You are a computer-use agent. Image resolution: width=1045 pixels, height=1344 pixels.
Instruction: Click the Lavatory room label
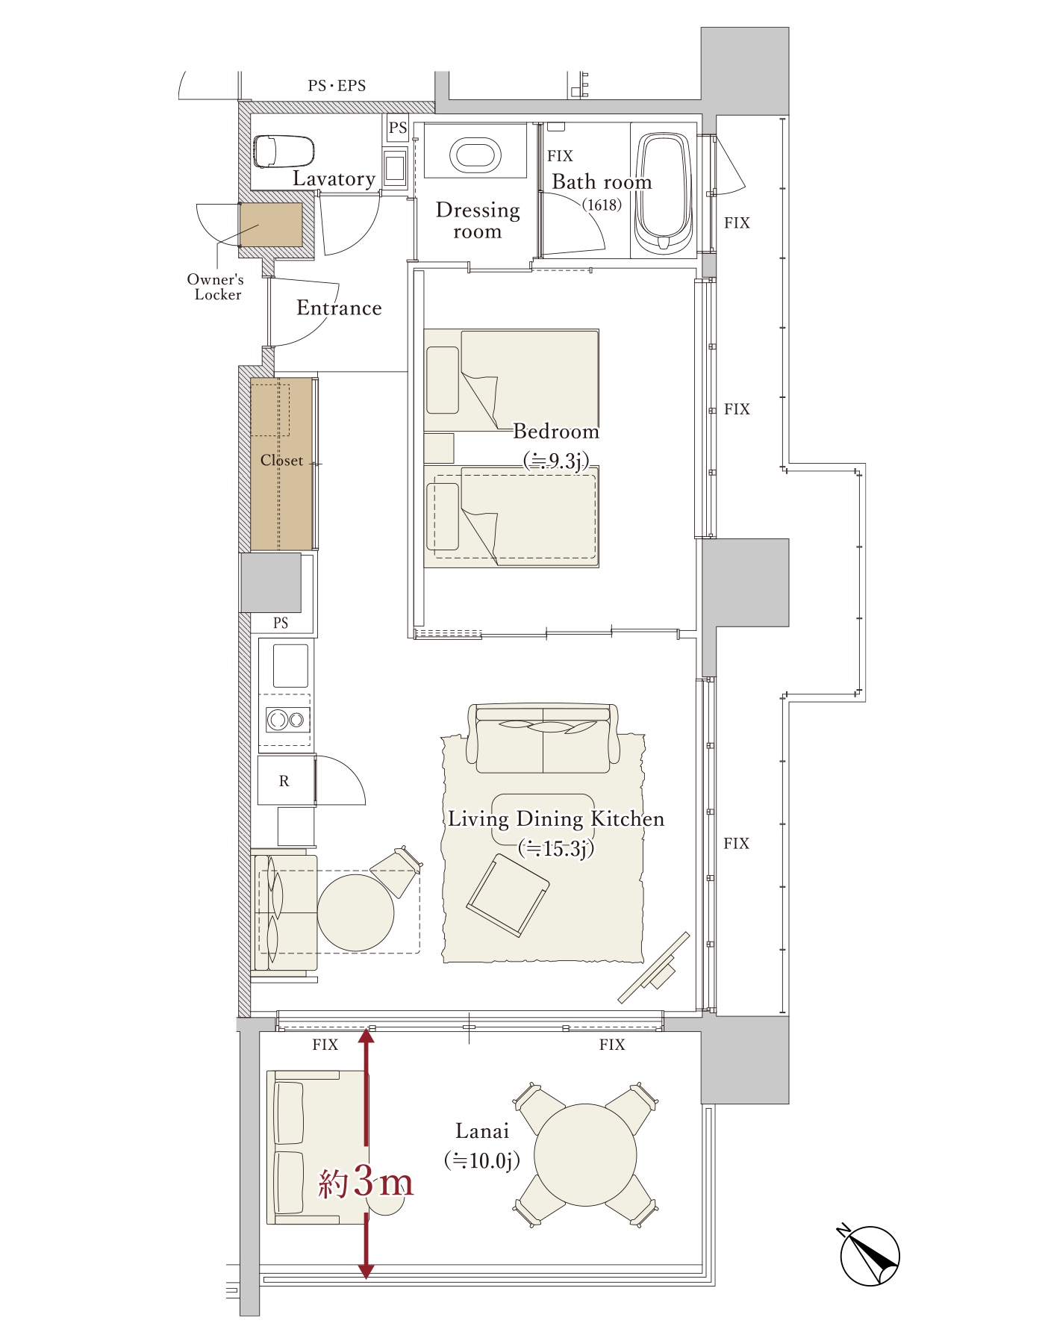tap(334, 179)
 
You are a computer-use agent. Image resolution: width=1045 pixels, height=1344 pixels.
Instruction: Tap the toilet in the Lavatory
tap(283, 151)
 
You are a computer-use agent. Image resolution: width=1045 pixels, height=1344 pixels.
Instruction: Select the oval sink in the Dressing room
tap(475, 155)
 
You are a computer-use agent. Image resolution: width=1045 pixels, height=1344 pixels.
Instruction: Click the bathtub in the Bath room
tap(663, 191)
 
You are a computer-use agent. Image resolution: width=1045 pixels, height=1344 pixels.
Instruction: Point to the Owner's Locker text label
tap(216, 287)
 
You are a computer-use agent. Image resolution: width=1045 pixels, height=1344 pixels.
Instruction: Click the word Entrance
tap(339, 308)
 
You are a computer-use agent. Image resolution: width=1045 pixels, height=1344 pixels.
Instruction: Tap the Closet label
tap(281, 461)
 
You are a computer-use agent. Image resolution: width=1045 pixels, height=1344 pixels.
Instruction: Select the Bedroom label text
tap(556, 432)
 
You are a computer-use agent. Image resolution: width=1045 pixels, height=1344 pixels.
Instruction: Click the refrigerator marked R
tap(286, 780)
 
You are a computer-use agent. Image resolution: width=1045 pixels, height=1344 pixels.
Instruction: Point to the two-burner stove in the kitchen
tap(287, 720)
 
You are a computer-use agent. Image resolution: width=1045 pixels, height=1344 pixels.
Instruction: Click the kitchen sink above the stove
tap(290, 665)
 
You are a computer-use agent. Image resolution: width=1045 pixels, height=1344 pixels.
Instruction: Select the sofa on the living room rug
tap(543, 738)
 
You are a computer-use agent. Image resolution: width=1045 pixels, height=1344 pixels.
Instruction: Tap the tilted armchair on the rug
tap(508, 895)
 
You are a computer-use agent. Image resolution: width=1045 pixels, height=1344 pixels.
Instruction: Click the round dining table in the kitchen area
tap(355, 912)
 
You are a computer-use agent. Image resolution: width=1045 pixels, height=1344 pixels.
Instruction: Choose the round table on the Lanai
tap(585, 1155)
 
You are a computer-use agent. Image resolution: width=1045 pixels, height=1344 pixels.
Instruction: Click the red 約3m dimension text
tap(366, 1182)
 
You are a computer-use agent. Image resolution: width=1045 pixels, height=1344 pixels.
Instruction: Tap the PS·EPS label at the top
tap(337, 86)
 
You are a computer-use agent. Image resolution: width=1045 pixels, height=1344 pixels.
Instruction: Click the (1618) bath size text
tap(602, 205)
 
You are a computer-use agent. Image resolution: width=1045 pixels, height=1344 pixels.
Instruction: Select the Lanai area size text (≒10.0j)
tap(482, 1160)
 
